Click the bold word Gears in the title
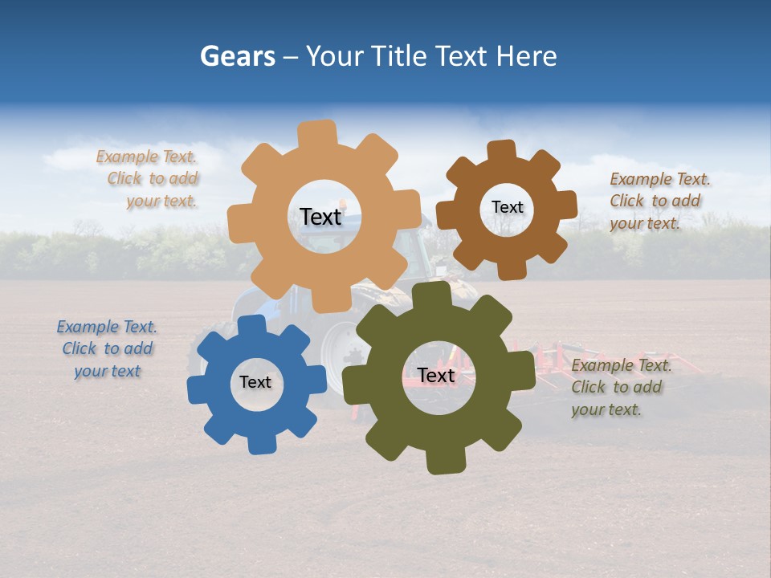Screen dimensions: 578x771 237,56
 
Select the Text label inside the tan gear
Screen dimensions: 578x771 320,217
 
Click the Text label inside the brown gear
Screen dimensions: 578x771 507,207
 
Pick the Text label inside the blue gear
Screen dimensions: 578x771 255,382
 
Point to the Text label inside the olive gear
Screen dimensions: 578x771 436,375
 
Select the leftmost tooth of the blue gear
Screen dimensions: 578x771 197,390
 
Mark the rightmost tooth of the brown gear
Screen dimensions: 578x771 566,204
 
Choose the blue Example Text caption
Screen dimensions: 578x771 107,348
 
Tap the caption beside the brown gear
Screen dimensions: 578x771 659,201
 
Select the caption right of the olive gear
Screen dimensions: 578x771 621,387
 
